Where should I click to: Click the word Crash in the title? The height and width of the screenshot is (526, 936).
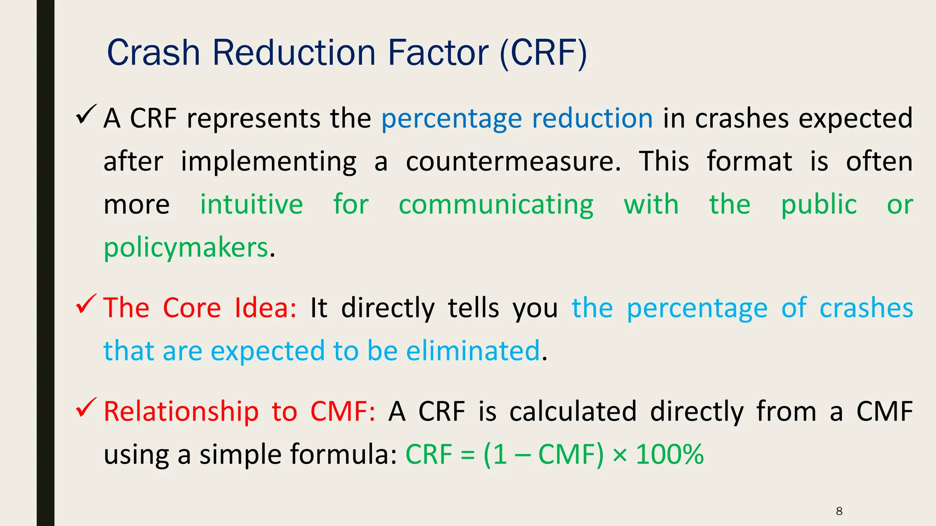pos(154,53)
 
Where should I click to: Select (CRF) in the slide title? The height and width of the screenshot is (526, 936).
pos(543,54)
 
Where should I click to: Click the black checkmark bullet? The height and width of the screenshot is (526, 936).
pos(85,114)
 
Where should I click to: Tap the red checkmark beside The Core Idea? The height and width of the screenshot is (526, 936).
pos(85,304)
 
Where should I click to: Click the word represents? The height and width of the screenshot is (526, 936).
pos(254,119)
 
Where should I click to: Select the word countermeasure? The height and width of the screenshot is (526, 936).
pos(513,162)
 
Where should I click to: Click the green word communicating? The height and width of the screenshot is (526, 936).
pos(496,205)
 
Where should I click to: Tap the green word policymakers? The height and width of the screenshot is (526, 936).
pos(186,248)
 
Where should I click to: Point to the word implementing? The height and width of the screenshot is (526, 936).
pos(269,163)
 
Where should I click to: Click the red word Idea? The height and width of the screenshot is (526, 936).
pos(266,308)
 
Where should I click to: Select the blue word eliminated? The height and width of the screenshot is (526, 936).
pos(473,351)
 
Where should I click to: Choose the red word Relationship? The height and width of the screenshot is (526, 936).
pos(181,411)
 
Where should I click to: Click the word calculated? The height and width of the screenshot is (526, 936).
pos(573,411)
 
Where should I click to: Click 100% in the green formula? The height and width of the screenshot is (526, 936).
pos(670,455)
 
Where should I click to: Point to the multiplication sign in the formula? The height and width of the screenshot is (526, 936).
pos(620,456)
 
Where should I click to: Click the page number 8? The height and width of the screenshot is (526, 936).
pos(839,511)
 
